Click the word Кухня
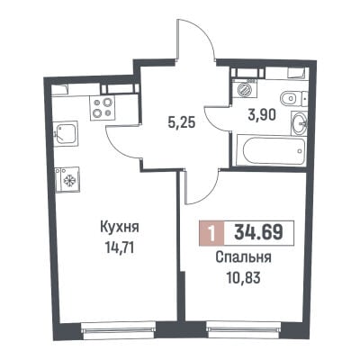tap(119, 227)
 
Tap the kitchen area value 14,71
tap(119, 248)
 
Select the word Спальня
tap(243, 257)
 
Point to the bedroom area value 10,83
tap(243, 278)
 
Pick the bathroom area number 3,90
tap(262, 114)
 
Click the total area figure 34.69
tap(258, 233)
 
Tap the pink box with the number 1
tap(211, 233)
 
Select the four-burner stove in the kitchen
tap(102, 108)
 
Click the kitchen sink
tap(67, 134)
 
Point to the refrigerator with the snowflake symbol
tap(67, 179)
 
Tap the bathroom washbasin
tap(299, 123)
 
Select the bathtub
tap(271, 151)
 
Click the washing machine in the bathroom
tap(245, 89)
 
